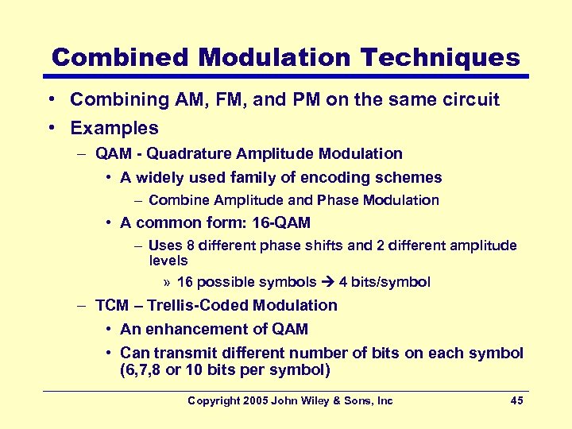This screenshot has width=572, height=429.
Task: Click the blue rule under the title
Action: click(286, 77)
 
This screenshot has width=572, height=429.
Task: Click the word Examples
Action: click(114, 128)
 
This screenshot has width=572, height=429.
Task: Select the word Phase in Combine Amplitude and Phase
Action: click(338, 200)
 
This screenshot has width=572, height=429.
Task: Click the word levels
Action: click(168, 261)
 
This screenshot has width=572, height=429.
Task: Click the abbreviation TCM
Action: click(111, 306)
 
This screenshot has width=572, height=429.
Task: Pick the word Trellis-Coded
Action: click(184, 306)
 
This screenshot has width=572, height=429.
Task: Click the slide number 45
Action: click(516, 401)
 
